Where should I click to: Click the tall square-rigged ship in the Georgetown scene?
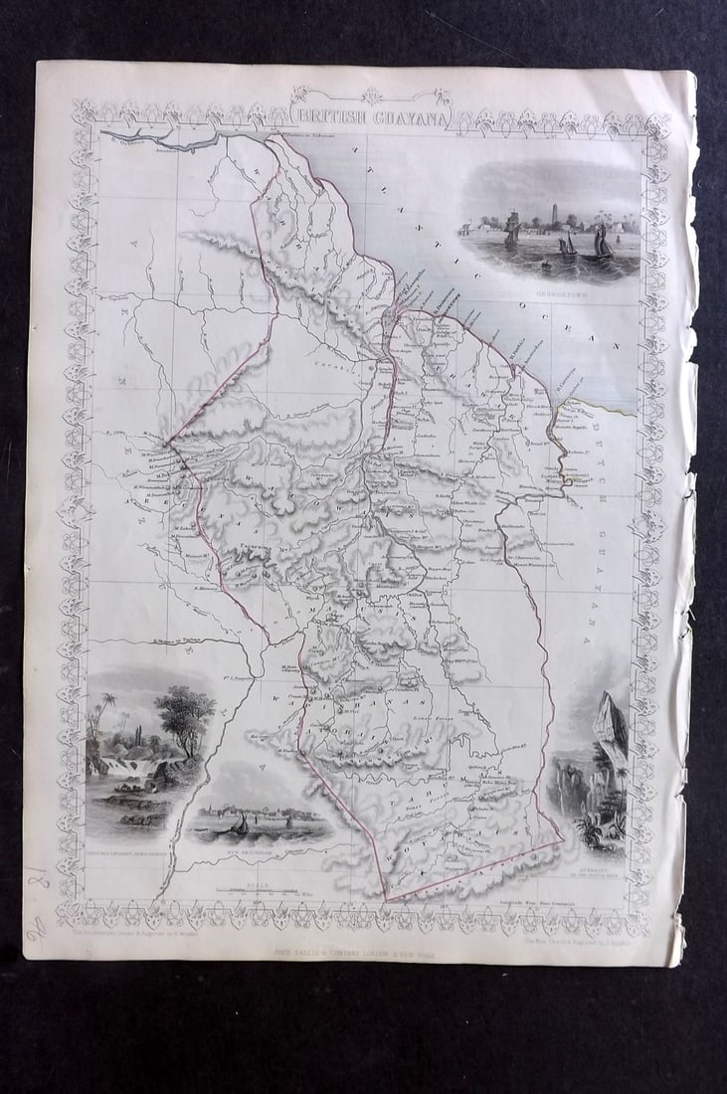tap(512, 232)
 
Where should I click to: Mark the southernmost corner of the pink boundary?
tap(386, 900)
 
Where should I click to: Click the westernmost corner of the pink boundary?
tap(165, 442)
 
